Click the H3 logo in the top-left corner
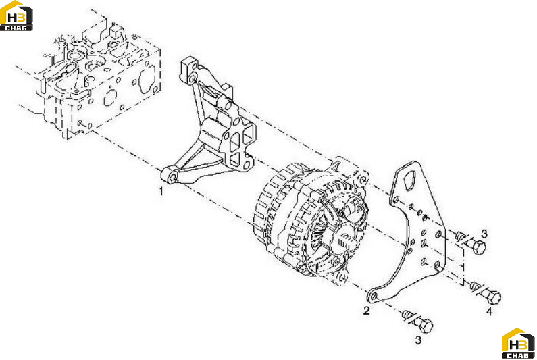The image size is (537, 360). point(16,16)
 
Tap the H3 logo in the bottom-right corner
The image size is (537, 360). point(518,343)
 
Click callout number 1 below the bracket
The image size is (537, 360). point(161,190)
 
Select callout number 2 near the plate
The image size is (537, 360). point(367,311)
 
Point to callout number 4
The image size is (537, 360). point(490,311)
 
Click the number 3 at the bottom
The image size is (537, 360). point(418,340)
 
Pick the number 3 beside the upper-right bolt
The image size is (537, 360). point(484,234)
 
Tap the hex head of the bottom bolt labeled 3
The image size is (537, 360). point(425,326)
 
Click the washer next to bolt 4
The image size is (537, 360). point(475,286)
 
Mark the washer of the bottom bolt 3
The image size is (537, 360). point(407,315)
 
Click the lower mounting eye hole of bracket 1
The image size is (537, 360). point(173,177)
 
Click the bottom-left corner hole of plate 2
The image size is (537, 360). point(374,296)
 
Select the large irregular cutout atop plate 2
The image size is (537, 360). point(409,182)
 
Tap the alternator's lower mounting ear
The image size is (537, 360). point(342,277)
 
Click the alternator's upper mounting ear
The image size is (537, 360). point(362,179)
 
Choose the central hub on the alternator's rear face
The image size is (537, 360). point(344,236)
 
